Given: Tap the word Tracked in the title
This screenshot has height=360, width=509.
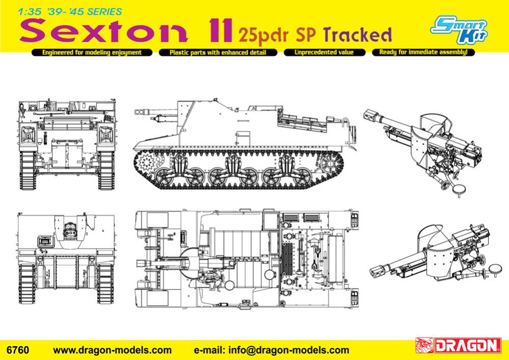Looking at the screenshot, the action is [x=358, y=35].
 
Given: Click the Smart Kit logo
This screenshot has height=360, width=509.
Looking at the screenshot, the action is [x=459, y=29].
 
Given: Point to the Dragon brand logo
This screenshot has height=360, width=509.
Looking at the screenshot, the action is [x=458, y=346].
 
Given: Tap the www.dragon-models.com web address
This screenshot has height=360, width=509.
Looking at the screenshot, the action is [x=112, y=350].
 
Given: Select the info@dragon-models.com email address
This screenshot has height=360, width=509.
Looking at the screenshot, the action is [x=289, y=350].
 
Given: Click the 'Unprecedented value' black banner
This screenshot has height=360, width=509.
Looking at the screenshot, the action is [x=325, y=53].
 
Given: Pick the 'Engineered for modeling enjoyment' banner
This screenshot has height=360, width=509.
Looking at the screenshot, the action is [x=92, y=53].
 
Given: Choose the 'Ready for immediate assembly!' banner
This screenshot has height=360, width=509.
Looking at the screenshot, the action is [x=423, y=52].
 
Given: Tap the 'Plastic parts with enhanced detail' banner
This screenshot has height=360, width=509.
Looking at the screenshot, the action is [x=218, y=53].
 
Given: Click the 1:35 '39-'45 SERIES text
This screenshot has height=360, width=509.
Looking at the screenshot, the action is [x=70, y=12].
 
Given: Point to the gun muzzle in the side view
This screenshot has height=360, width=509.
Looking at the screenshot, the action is [x=140, y=112].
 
